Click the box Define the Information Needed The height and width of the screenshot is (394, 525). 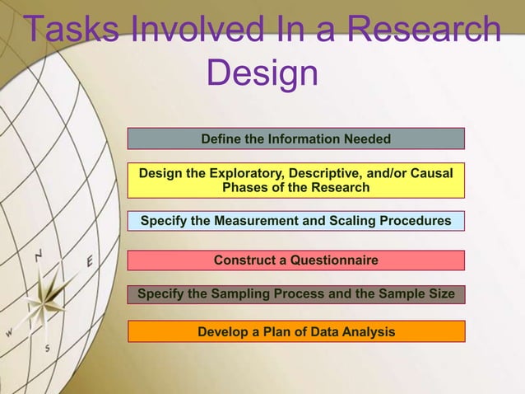point(296,138)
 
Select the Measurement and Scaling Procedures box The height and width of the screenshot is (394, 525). point(296,221)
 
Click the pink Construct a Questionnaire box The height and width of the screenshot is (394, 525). point(296,260)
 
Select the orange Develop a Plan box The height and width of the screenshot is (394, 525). point(296,331)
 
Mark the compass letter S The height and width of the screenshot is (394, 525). point(48,348)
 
